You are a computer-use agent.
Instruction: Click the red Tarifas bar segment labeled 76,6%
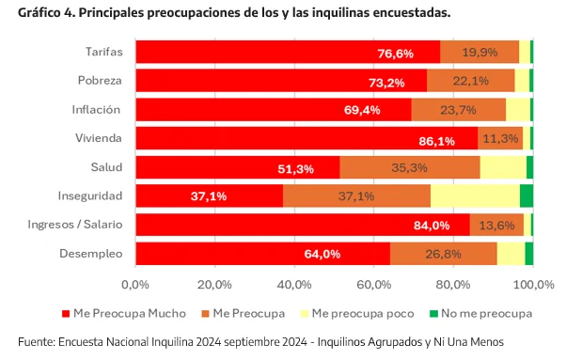coord(287,53)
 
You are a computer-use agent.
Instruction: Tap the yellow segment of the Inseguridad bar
coord(475,196)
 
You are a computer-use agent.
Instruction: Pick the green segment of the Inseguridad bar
coord(526,196)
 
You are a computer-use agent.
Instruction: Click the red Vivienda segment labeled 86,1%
coord(307,139)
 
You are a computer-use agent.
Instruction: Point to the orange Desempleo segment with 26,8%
coord(443,254)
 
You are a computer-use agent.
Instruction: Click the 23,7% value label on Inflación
coord(458,110)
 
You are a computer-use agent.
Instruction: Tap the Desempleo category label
coord(92,254)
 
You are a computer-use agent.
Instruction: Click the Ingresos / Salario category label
coord(77,225)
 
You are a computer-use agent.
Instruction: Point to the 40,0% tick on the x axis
coord(294,284)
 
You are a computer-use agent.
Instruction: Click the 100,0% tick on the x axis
coord(533,284)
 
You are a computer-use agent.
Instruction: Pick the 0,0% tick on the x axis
coord(135,284)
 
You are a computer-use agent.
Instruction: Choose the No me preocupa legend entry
coord(483,313)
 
